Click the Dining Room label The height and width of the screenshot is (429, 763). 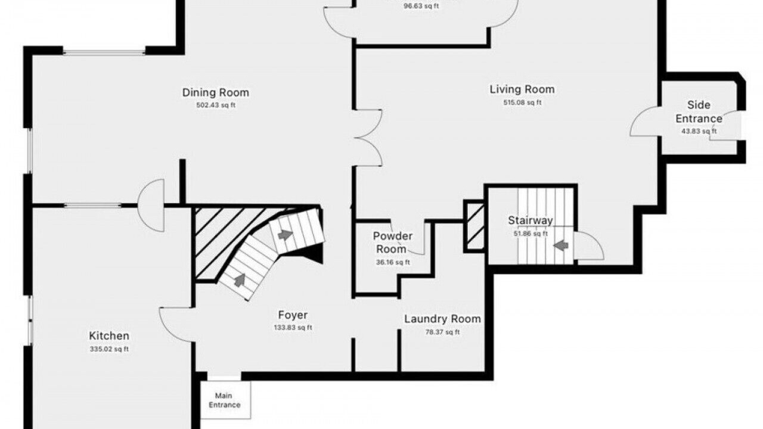click(216, 92)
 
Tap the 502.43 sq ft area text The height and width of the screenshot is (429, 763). click(216, 105)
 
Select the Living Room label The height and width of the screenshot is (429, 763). click(522, 89)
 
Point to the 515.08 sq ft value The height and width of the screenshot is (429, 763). click(522, 102)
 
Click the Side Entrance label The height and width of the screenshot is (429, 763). click(699, 111)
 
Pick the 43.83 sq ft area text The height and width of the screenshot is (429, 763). click(699, 131)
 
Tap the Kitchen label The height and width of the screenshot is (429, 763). click(109, 335)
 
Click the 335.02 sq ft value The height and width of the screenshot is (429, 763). click(109, 349)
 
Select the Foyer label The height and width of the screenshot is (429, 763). click(293, 315)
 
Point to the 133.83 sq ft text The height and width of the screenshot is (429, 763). click(293, 328)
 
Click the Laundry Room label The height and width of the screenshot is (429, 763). click(442, 319)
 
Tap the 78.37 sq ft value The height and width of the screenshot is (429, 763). click(442, 332)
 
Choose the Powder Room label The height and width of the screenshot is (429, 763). click(392, 243)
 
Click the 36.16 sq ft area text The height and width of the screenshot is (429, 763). click(393, 262)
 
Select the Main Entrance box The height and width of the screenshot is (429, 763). click(225, 400)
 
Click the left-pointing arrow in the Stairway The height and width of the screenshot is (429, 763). click(561, 245)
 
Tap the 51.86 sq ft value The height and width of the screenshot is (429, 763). click(531, 234)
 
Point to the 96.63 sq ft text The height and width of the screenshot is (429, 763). click(421, 6)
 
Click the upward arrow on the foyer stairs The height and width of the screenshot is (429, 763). click(240, 280)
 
